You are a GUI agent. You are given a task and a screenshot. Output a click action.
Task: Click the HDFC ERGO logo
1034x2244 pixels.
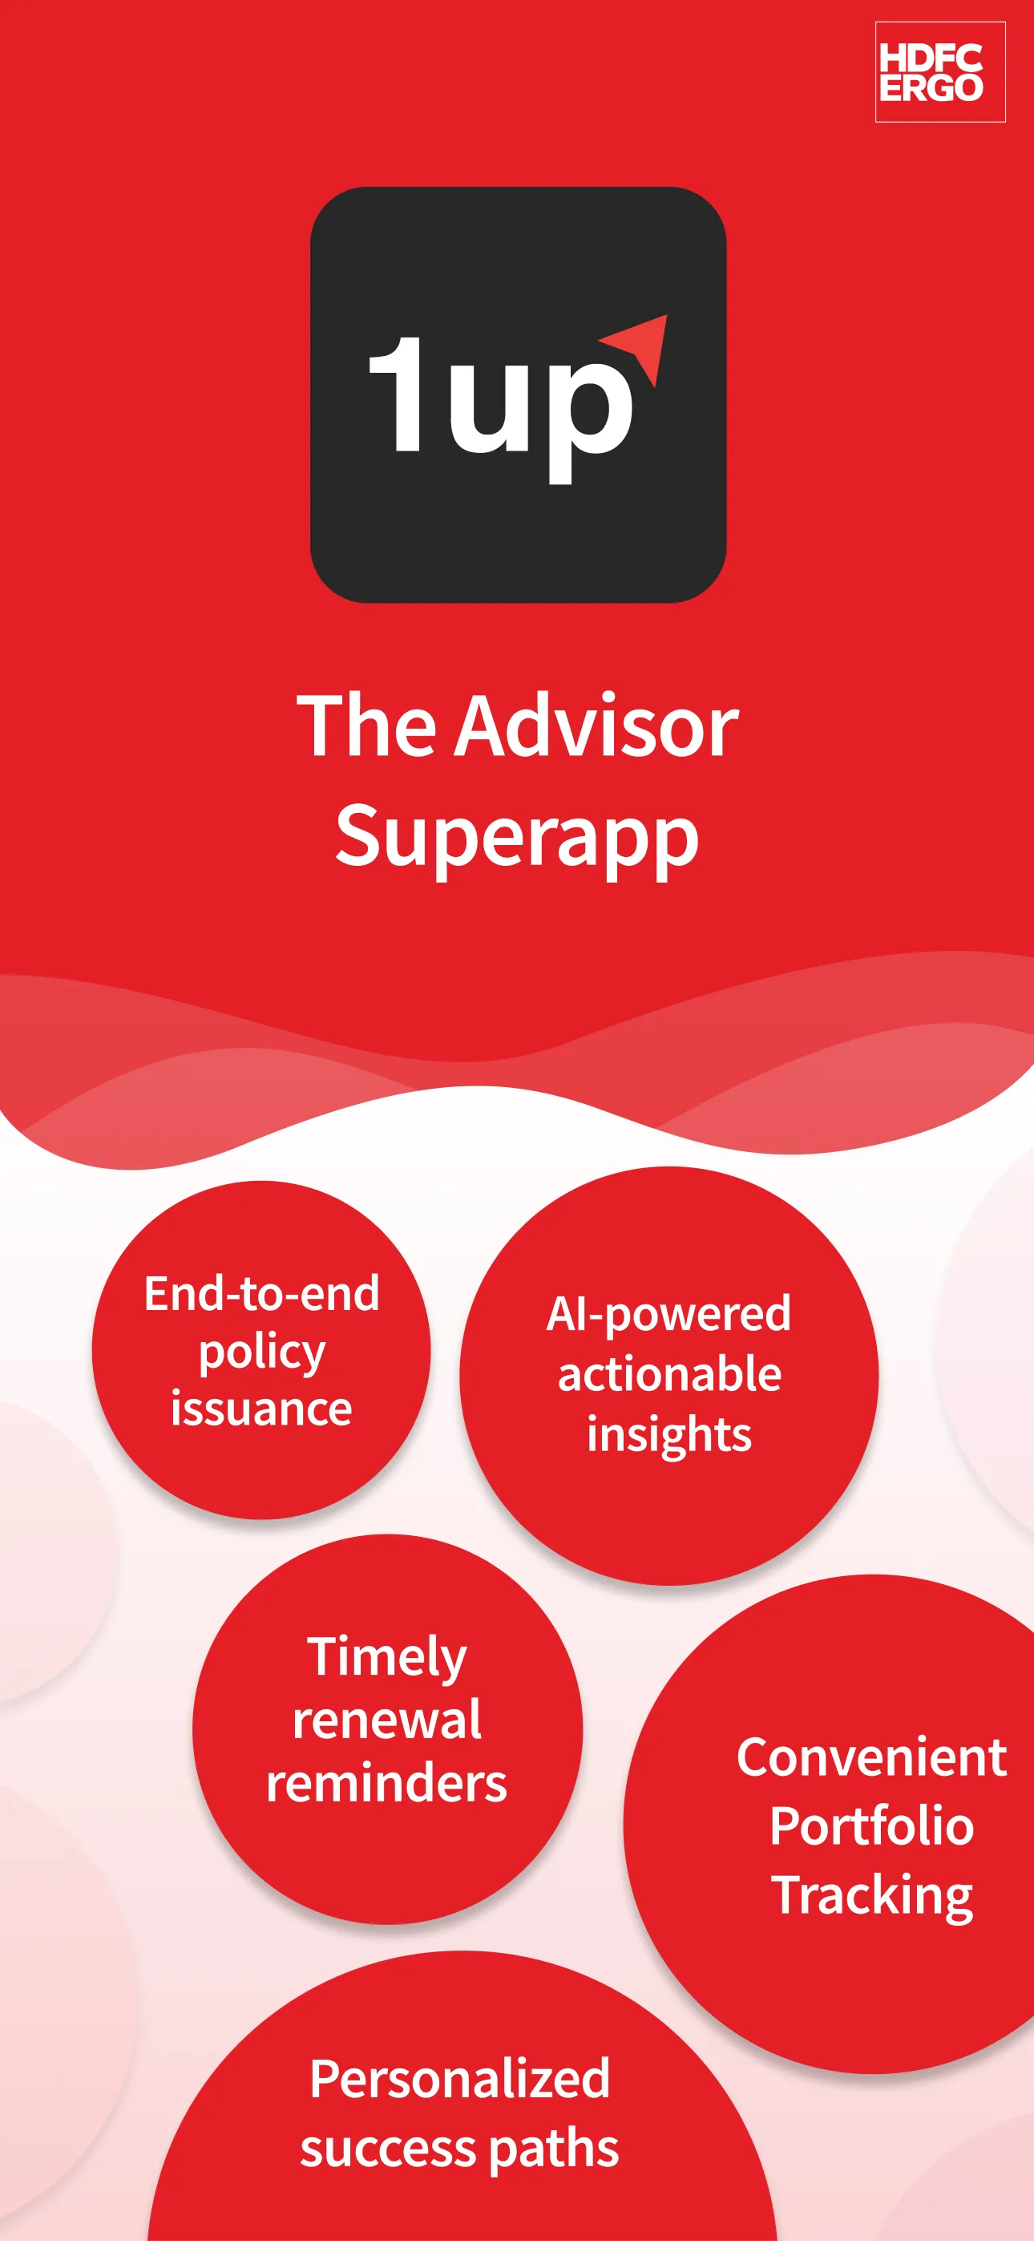(940, 72)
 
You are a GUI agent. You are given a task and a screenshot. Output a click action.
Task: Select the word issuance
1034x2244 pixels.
(261, 1409)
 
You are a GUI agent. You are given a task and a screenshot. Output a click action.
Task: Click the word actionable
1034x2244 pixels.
(669, 1374)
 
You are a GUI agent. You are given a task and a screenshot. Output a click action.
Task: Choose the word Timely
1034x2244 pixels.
(387, 1658)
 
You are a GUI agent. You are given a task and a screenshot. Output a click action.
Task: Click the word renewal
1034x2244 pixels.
(387, 1720)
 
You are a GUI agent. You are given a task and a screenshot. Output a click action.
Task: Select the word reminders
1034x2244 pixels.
(387, 1783)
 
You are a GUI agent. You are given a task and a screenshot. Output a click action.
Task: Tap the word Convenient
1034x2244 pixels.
(872, 1757)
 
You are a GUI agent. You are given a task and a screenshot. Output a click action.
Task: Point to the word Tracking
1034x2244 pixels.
(872, 1895)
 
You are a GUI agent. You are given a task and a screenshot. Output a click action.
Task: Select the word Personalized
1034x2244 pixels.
(460, 2080)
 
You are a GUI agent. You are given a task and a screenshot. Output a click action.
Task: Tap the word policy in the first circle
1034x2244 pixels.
(262, 1352)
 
